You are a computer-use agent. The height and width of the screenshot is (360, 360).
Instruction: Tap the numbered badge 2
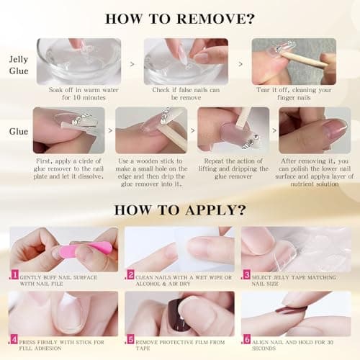tap(130, 274)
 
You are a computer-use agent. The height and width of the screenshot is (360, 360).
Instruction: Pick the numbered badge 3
tap(246, 274)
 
